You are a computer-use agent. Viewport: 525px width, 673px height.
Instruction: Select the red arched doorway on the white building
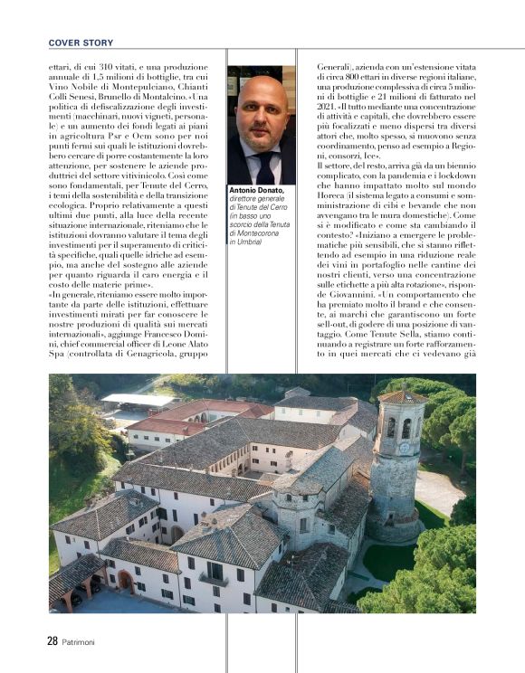[125, 579]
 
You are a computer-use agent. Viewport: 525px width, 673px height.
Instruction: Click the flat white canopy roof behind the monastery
[136, 399]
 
